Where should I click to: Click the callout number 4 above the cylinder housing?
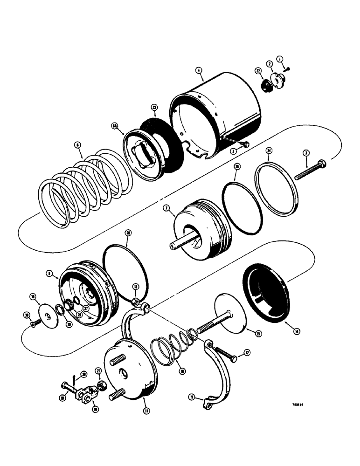click(199, 71)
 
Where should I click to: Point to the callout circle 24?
click(269, 151)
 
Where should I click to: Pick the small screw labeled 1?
click(288, 69)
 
